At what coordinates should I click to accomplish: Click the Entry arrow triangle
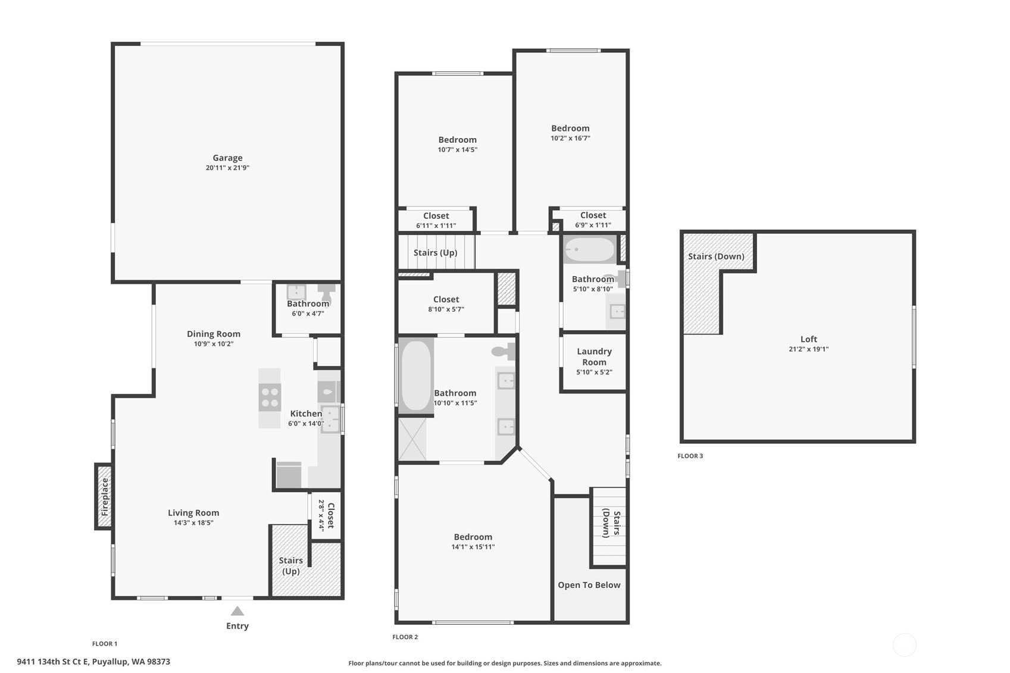click(237, 611)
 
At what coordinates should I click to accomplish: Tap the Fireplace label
click(105, 497)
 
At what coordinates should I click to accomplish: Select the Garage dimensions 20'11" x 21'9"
click(228, 168)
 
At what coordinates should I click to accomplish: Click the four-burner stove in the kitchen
click(270, 397)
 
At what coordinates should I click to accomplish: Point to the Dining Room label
click(214, 334)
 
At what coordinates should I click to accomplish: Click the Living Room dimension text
click(193, 523)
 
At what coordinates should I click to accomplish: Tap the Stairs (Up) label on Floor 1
click(291, 566)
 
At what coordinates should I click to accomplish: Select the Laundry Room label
click(595, 356)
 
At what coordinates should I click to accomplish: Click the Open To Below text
click(589, 585)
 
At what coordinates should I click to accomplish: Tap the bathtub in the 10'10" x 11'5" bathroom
click(416, 375)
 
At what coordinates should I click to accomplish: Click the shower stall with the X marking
click(412, 439)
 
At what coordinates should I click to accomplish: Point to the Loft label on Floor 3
click(809, 339)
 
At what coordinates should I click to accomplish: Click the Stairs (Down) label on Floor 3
click(716, 256)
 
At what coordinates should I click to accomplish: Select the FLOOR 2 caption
click(405, 637)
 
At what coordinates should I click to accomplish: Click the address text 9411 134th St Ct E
click(53, 662)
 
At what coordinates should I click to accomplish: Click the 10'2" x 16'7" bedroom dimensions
click(570, 139)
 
